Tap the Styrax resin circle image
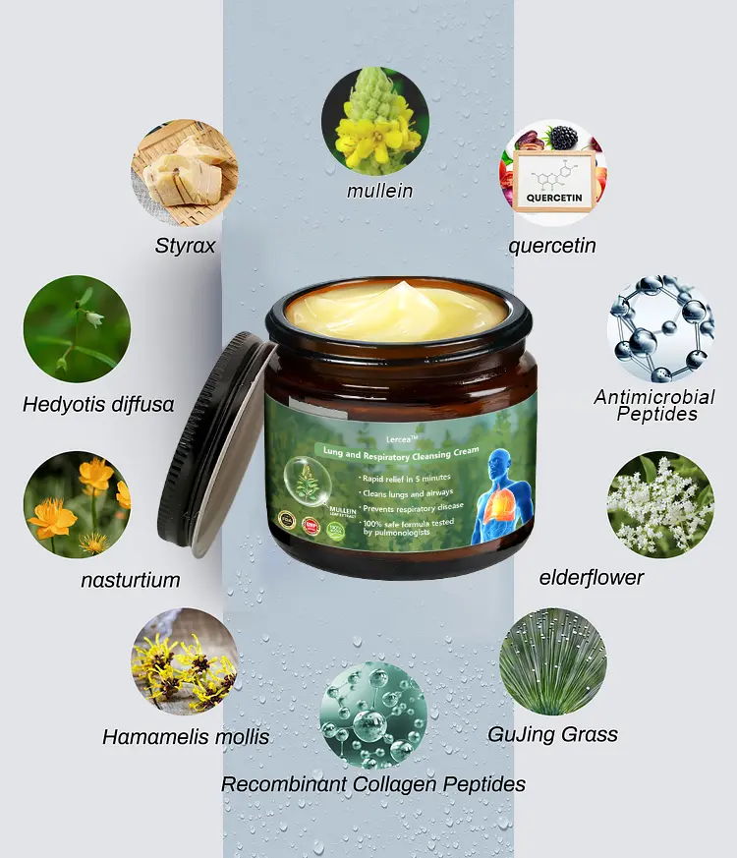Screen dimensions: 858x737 [x=185, y=173]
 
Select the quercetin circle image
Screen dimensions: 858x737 [x=553, y=173]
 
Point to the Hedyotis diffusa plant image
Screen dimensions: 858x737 [x=77, y=329]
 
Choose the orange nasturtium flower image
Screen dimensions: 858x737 [x=77, y=504]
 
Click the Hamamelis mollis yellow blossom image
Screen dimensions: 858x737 [x=185, y=660]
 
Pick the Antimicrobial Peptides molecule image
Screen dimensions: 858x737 [x=659, y=329]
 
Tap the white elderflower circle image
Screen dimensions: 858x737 [x=659, y=504]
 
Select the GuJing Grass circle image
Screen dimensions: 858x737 [x=553, y=660]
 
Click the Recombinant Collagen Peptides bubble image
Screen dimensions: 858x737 [x=373, y=715]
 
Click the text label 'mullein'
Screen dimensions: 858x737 [x=379, y=191]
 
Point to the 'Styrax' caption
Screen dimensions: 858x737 [x=184, y=246]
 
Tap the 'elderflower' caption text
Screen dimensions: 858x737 [x=592, y=578]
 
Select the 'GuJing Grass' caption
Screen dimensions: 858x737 [x=552, y=734]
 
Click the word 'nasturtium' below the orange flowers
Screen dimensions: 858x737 [x=131, y=580]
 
